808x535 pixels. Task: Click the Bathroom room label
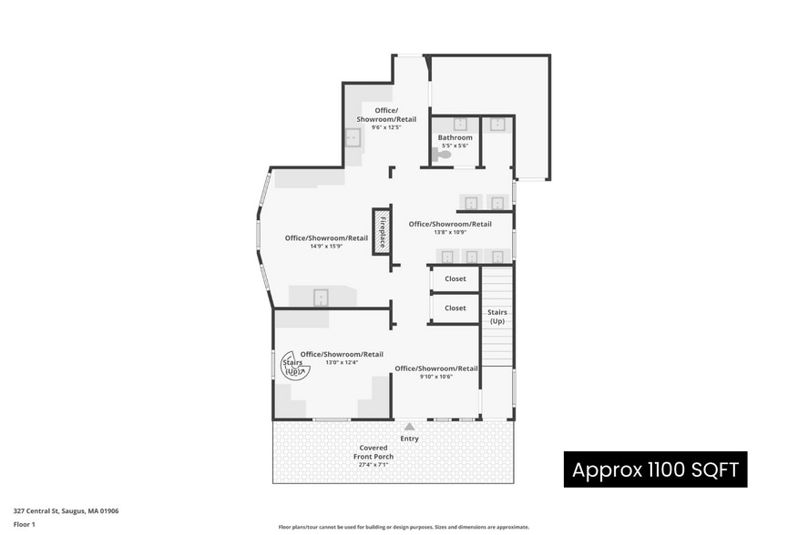coord(455,137)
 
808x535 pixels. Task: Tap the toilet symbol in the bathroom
coord(443,155)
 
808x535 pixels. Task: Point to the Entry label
coord(409,439)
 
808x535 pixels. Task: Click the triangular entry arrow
coord(409,426)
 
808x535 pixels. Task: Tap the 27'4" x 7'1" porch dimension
coord(373,465)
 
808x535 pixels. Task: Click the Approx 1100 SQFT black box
coord(655,469)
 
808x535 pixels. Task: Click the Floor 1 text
coord(24,524)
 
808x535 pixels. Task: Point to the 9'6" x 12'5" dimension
coord(386,127)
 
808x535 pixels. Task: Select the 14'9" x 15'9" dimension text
coord(326,246)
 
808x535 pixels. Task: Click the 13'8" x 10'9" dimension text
coord(450,232)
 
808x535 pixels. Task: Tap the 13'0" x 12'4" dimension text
coord(342,362)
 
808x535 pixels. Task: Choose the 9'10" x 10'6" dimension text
coord(436,377)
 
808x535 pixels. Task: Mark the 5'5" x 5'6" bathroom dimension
coord(455,146)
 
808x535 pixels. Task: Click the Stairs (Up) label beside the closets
coord(497,317)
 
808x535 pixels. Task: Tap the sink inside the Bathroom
coord(460,125)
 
